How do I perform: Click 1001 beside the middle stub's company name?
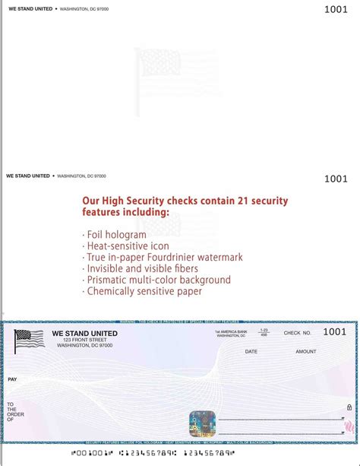coord(335,179)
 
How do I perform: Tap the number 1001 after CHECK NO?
coord(334,331)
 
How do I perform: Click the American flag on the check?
coord(29,341)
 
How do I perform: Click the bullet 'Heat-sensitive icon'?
coord(125,246)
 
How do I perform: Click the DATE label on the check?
coord(251,351)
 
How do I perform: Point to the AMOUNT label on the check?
coord(306,351)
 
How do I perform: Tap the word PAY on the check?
coord(12,379)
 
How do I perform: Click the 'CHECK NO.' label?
coord(298,333)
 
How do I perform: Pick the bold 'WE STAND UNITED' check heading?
coord(84,333)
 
